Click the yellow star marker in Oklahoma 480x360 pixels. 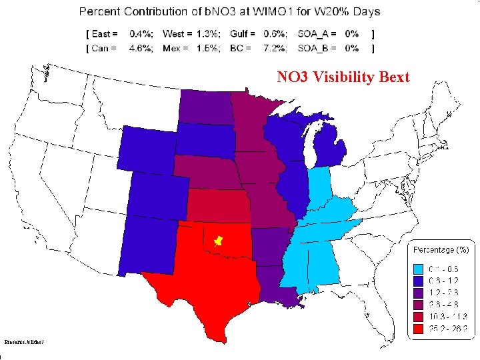[x=217, y=239]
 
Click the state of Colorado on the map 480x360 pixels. [x=156, y=194]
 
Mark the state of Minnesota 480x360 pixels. [x=253, y=123]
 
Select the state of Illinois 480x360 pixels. [x=293, y=183]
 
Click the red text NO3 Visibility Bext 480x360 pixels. [x=343, y=78]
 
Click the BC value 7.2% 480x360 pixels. [x=275, y=48]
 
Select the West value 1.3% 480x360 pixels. [x=207, y=33]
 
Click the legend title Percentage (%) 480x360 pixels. [x=442, y=249]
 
